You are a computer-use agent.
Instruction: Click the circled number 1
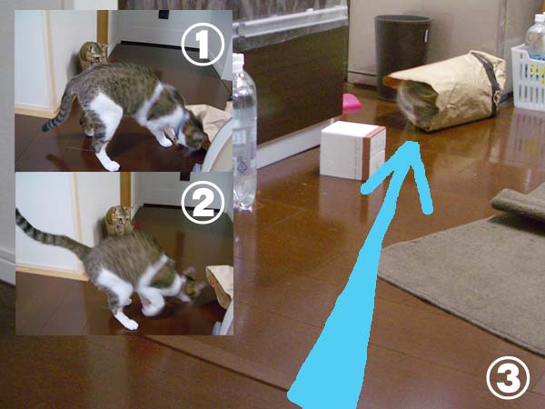pos(203,44)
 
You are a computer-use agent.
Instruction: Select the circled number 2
pos(203,203)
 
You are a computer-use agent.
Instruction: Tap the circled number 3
pos(508,378)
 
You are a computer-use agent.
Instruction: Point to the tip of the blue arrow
pos(412,143)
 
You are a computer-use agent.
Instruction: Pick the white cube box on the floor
pos(352,150)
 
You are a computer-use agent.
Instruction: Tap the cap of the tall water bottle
pos(239,60)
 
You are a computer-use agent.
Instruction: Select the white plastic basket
pos(528,77)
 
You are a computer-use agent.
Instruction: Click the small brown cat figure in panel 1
pos(93,55)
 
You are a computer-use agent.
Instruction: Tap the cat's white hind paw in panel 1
pos(112,165)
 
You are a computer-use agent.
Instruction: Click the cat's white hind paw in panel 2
pos(129,324)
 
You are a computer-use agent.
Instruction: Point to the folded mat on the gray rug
pos(520,203)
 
